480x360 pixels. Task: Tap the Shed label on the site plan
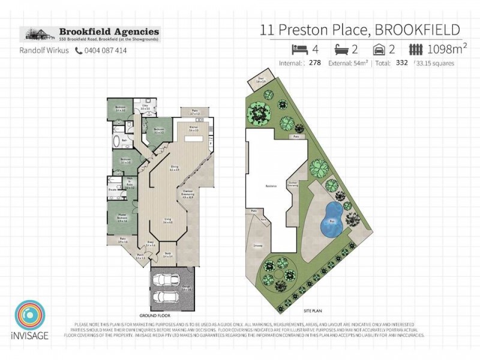[261, 79]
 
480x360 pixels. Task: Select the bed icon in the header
[297, 49]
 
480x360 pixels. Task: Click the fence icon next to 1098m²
[415, 49]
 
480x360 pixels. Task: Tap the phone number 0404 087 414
[105, 51]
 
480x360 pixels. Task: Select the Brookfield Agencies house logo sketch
[37, 33]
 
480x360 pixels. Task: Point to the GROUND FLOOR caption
[156, 315]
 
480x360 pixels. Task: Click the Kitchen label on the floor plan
[193, 129]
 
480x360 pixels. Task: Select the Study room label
[167, 254]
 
